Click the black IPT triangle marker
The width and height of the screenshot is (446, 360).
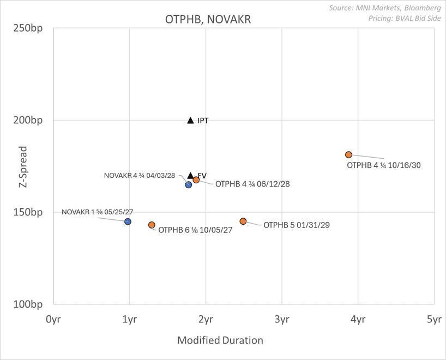click(190, 121)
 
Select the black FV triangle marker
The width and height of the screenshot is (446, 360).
click(190, 176)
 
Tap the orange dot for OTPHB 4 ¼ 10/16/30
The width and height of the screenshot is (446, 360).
click(348, 155)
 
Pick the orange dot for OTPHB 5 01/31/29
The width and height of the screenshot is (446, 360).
click(243, 221)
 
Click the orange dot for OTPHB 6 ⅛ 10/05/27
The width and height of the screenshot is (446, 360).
click(152, 225)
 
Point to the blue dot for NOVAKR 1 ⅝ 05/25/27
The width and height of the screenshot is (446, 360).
click(128, 221)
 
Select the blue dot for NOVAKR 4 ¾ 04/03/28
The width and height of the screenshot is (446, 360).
click(188, 185)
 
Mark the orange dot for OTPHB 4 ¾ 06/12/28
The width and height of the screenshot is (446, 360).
click(196, 180)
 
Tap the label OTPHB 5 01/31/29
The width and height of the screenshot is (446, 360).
click(297, 225)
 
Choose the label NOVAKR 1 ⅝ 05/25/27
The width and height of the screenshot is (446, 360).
click(98, 212)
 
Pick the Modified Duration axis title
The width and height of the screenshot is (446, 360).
click(220, 340)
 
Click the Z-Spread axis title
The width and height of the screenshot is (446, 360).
click(23, 167)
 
